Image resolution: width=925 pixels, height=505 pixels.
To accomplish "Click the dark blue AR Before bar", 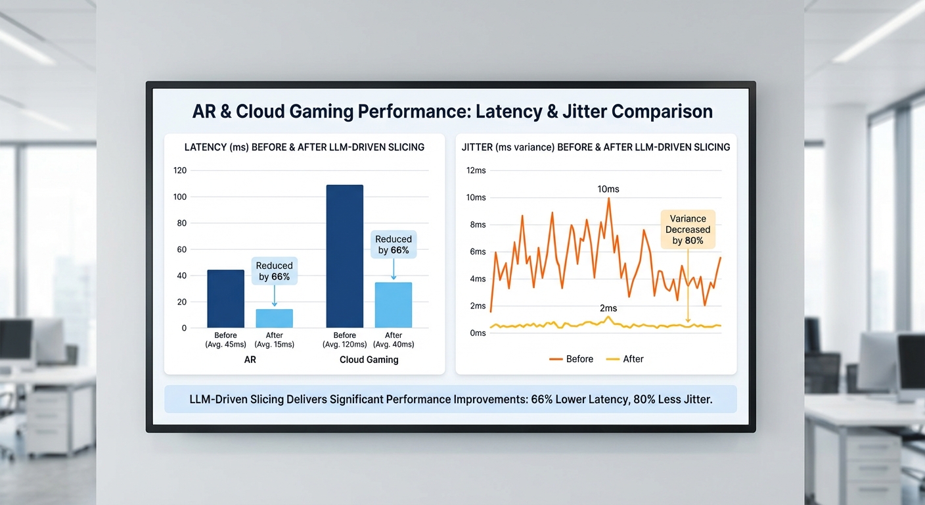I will pos(225,299).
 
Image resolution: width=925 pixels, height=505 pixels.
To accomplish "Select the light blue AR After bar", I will pos(274,318).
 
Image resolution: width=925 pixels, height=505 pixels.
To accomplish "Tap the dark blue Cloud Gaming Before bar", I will pos(344,256).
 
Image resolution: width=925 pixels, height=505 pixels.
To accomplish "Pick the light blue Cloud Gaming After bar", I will pos(394,305).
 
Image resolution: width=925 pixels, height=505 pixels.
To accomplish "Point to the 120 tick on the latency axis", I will pos(179,170).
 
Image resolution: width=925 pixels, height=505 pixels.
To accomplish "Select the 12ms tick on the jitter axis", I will pos(476,170).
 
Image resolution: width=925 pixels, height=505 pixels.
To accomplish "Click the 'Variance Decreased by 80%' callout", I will pos(688,229).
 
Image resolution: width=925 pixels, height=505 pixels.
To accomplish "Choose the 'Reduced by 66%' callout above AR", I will pos(274,271).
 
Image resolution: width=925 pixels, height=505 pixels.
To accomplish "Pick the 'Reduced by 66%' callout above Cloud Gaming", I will pos(394,245).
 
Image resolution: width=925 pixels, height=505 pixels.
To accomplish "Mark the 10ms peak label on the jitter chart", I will pos(608,189).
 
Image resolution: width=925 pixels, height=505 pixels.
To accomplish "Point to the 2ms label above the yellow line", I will pos(608,308).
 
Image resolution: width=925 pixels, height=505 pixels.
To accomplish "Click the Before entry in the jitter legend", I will pos(571,359).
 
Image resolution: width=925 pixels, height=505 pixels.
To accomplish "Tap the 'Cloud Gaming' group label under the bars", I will pos(369,360).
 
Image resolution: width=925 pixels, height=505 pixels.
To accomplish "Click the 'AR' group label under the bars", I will pos(250,360).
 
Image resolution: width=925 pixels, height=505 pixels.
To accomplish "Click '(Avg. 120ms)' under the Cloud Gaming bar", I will pos(344,345).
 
